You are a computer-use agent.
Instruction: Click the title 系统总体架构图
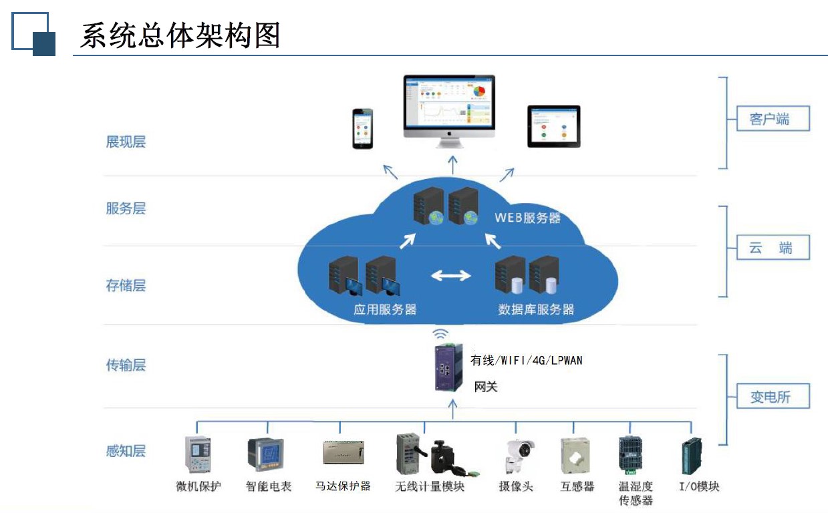pyautogui.click(x=179, y=35)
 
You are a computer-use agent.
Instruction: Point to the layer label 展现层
pyautogui.click(x=126, y=142)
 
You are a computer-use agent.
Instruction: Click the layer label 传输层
pyautogui.click(x=126, y=365)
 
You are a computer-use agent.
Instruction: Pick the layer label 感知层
pyautogui.click(x=126, y=451)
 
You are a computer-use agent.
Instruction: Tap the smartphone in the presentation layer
pyautogui.click(x=363, y=128)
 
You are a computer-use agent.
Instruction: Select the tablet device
pyautogui.click(x=553, y=126)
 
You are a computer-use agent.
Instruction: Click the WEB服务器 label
pyautogui.click(x=527, y=218)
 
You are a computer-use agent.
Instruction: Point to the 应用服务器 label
pyautogui.click(x=385, y=309)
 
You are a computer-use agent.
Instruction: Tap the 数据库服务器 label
pyautogui.click(x=536, y=309)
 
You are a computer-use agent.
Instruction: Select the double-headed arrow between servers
pyautogui.click(x=450, y=275)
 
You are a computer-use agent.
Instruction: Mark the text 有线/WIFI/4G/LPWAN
pyautogui.click(x=526, y=361)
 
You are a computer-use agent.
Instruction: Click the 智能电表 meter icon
pyautogui.click(x=265, y=455)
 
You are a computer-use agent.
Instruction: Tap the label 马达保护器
pyautogui.click(x=343, y=486)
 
